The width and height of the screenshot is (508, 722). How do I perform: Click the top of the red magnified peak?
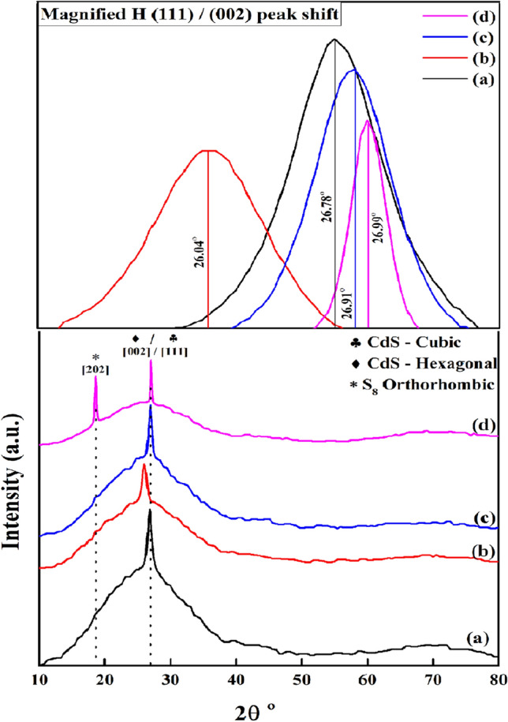click(x=207, y=150)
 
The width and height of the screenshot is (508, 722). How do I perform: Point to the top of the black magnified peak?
click(x=334, y=39)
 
